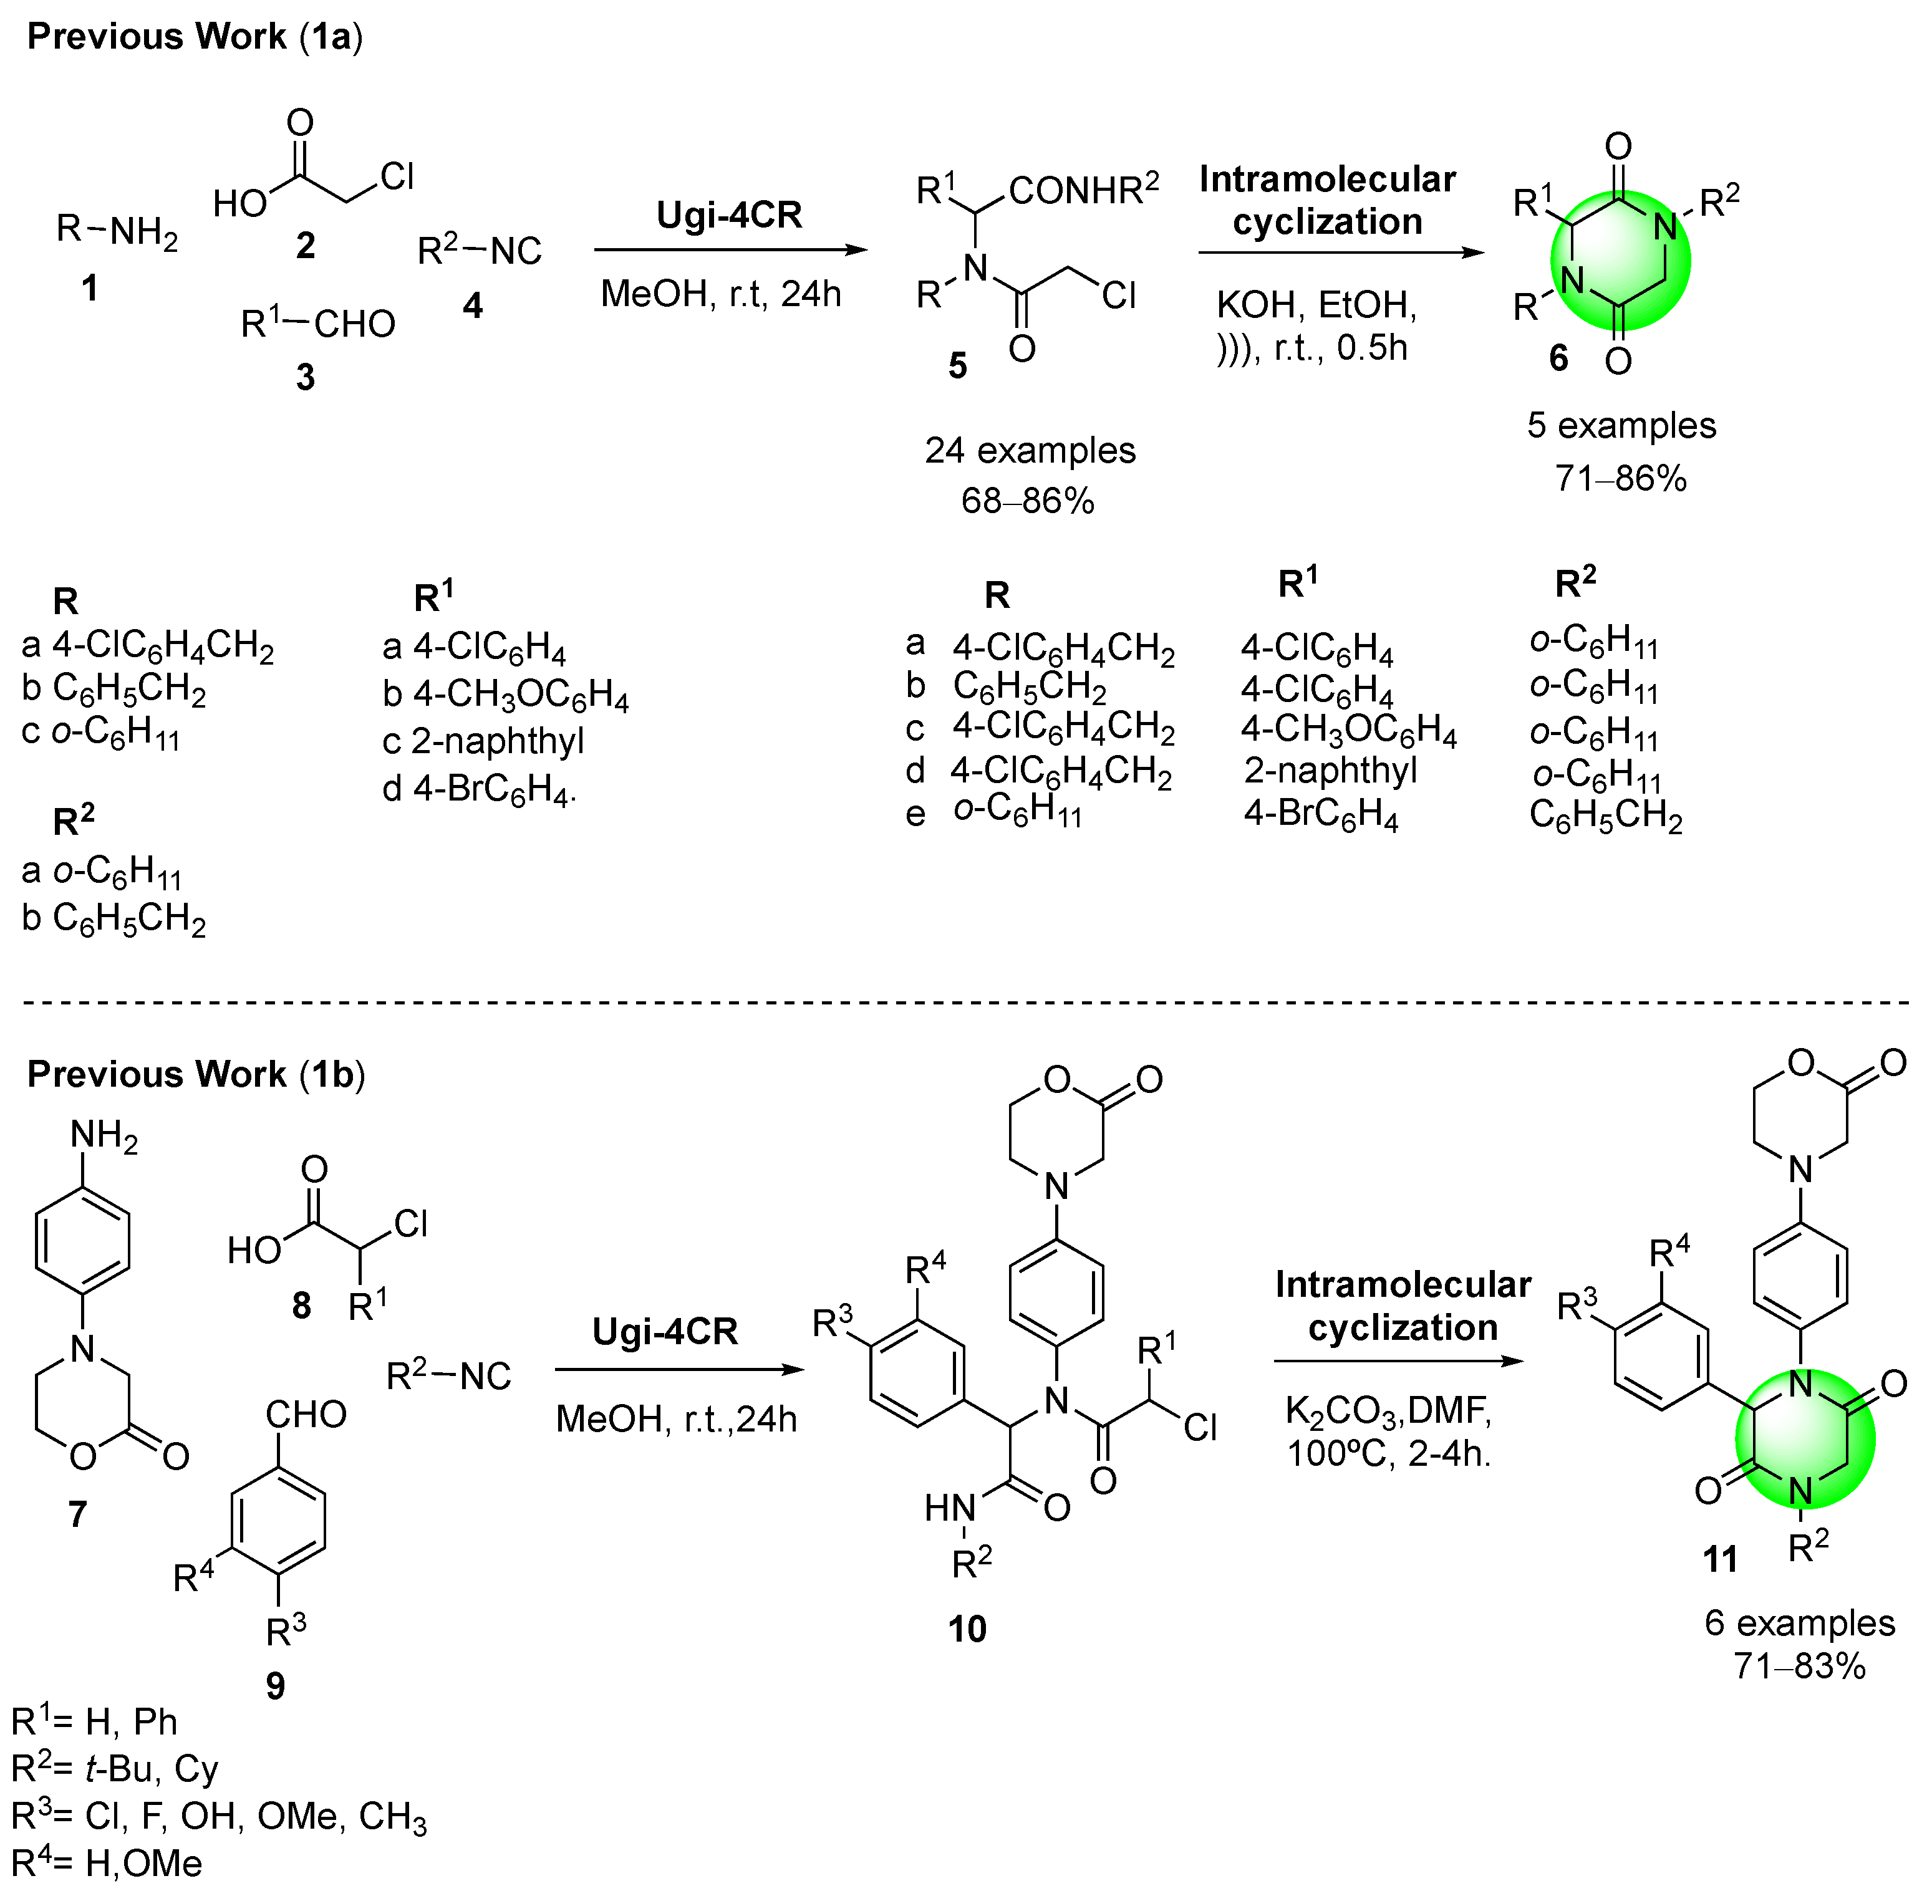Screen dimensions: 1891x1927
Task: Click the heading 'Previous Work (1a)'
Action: pyautogui.click(x=195, y=37)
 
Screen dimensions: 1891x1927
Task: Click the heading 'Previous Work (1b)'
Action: pyautogui.click(x=196, y=1075)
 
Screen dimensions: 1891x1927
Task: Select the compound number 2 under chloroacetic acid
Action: pyautogui.click(x=306, y=245)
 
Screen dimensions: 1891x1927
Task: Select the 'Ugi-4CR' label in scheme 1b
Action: pyautogui.click(x=665, y=1332)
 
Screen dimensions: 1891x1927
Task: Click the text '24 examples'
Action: pyautogui.click(x=1030, y=451)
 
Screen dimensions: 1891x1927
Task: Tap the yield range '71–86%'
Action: pyautogui.click(x=1620, y=479)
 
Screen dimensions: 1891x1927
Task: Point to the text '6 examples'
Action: pyautogui.click(x=1800, y=1623)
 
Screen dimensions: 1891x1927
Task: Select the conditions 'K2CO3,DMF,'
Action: pyautogui.click(x=1388, y=1410)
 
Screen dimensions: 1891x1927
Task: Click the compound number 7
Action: pyautogui.click(x=77, y=1514)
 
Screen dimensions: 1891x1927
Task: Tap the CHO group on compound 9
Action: pyautogui.click(x=306, y=1414)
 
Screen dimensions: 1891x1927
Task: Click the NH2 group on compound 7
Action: pyautogui.click(x=104, y=1136)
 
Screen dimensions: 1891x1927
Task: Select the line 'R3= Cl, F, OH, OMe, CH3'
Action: pyautogui.click(x=218, y=1817)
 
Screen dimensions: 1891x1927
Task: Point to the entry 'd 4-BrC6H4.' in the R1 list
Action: pyautogui.click(x=479, y=789)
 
